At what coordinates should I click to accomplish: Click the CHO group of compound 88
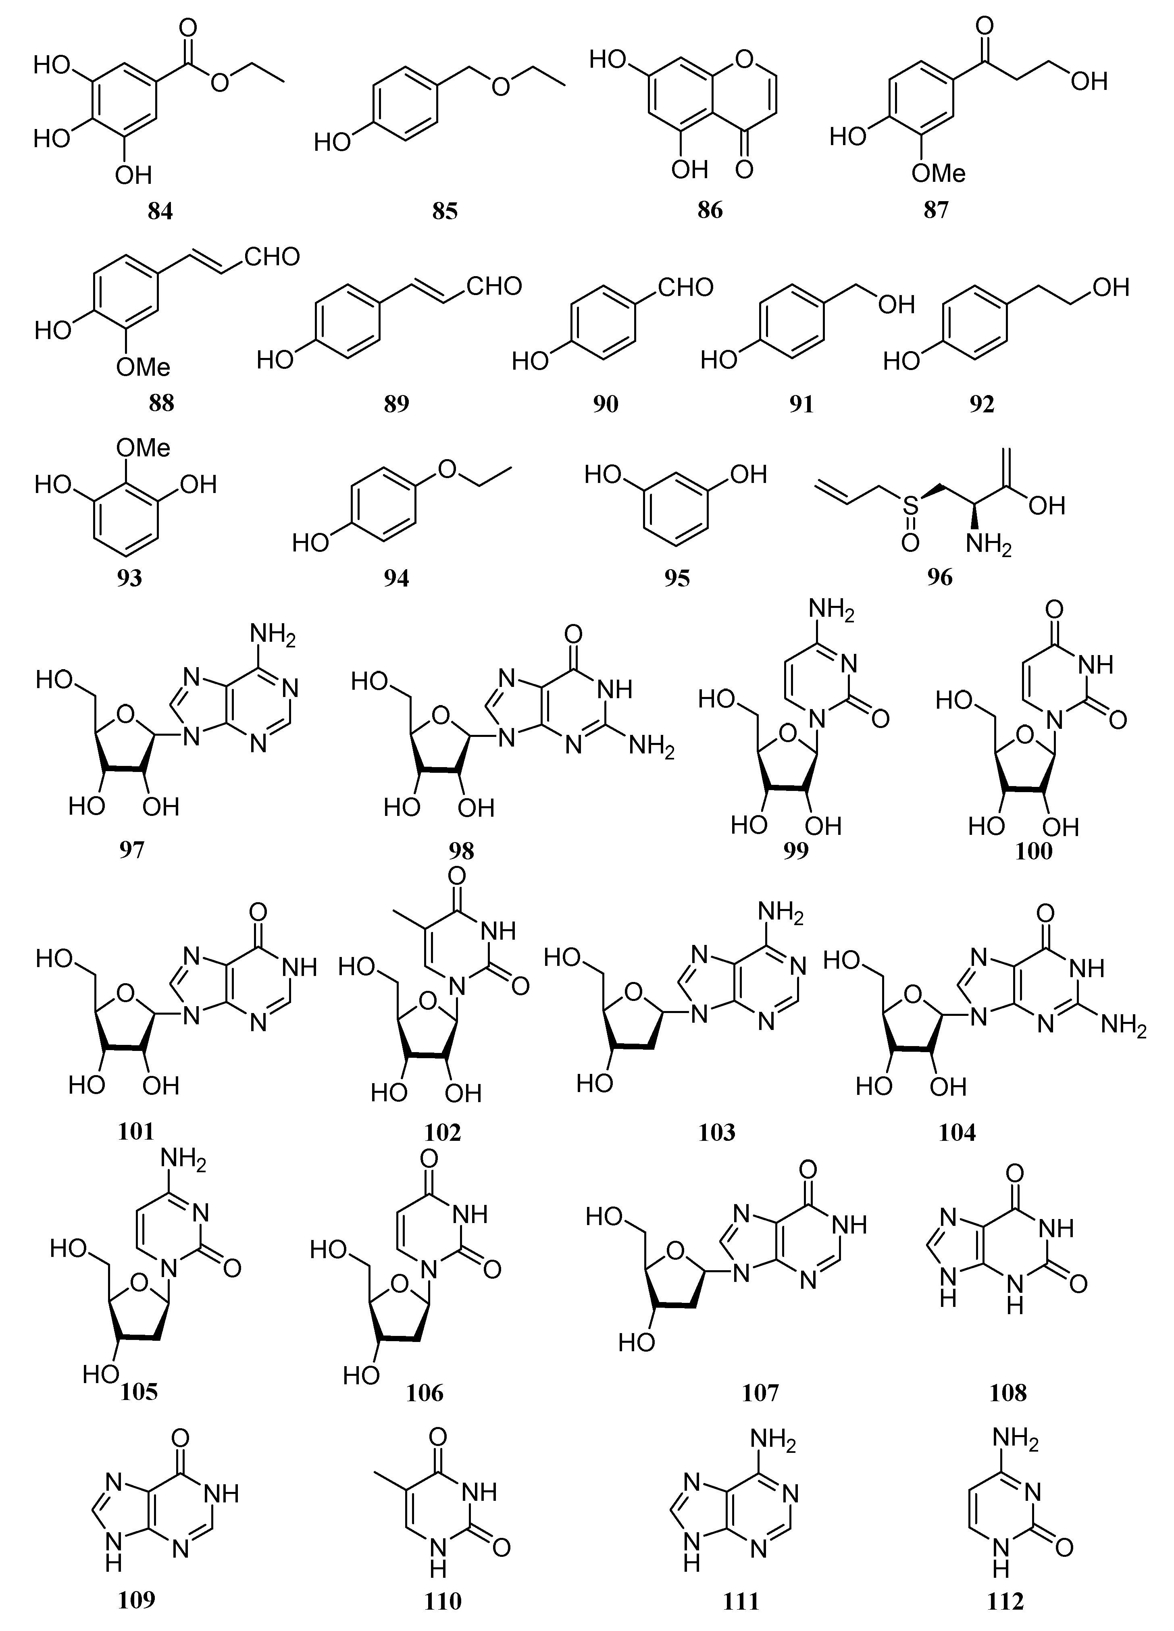pyautogui.click(x=272, y=257)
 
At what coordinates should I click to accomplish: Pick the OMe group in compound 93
pyautogui.click(x=144, y=448)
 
